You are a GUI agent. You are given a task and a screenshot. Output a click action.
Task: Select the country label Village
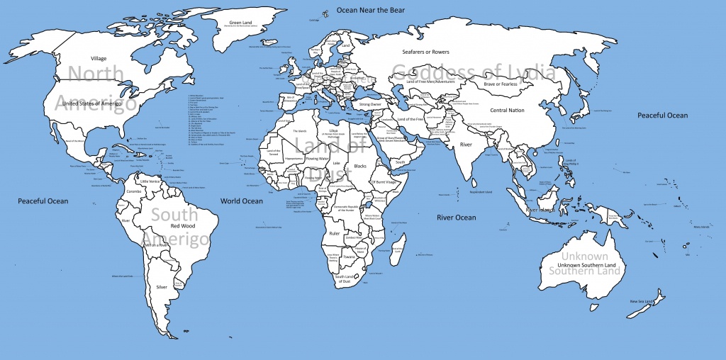tap(99, 58)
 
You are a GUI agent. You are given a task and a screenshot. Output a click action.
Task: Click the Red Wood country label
tap(182, 226)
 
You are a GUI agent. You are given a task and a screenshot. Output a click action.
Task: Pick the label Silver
tap(162, 287)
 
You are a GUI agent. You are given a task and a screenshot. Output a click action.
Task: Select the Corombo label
tap(135, 192)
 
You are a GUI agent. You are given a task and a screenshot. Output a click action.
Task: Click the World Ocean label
tap(241, 201)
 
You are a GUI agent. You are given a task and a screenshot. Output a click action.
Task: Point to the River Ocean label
tap(456, 217)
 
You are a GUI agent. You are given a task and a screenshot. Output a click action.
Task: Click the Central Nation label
tap(507, 111)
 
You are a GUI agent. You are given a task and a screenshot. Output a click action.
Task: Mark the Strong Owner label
tap(370, 105)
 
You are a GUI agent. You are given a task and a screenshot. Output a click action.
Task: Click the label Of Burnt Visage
tap(387, 182)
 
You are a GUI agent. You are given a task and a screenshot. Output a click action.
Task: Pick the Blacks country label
tap(360, 164)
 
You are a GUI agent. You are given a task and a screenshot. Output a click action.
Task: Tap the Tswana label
tap(349, 257)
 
